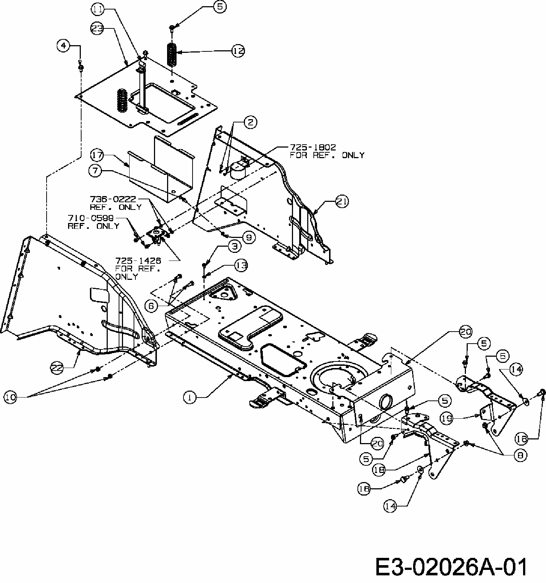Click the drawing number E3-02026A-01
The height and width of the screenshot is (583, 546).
tap(451, 567)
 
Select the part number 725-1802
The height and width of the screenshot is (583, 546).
tap(313, 148)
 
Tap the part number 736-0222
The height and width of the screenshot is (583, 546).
tap(113, 199)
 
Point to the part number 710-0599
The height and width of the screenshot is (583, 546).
tap(91, 218)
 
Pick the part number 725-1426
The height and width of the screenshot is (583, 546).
tap(138, 261)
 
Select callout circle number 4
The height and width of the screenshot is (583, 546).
tap(64, 46)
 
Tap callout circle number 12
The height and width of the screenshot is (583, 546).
tap(238, 51)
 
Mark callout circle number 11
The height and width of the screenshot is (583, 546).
tap(97, 9)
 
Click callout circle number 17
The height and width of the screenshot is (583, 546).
tap(97, 155)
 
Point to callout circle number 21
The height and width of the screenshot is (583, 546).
tap(342, 201)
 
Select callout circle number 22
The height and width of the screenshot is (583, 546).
tap(57, 368)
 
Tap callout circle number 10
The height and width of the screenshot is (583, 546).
tap(11, 397)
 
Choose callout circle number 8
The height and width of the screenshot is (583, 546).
tap(520, 455)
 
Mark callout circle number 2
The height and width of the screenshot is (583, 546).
tap(250, 122)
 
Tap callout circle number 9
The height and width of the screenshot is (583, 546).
tap(249, 238)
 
